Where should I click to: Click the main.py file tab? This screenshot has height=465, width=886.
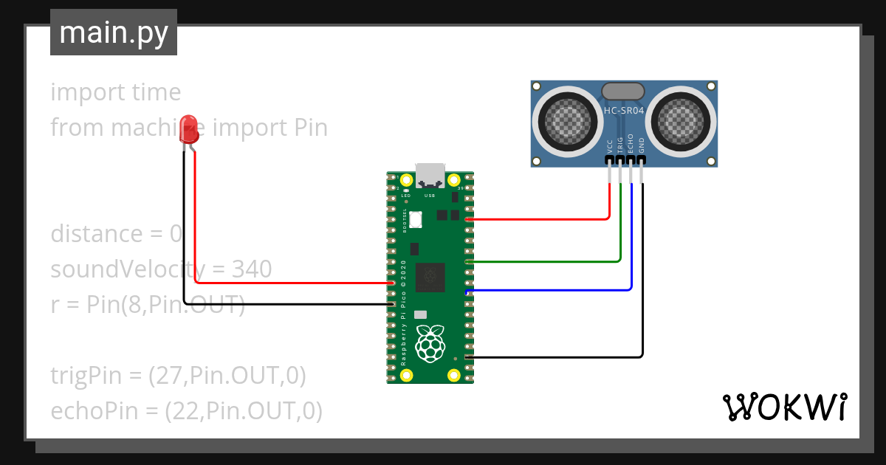(113, 32)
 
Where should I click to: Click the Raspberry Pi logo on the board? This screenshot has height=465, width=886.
(430, 343)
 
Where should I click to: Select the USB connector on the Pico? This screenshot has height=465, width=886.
(430, 176)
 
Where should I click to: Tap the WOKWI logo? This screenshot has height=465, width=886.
(783, 407)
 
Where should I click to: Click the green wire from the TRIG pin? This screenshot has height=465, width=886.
(620, 236)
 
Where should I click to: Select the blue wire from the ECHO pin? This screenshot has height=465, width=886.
(631, 251)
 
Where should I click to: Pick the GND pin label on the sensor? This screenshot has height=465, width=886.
(642, 145)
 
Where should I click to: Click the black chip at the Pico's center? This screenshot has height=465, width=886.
(430, 276)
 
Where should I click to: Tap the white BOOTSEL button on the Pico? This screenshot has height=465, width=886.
(415, 219)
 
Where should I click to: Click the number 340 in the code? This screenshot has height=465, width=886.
(252, 269)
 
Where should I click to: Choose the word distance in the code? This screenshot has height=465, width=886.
(96, 234)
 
